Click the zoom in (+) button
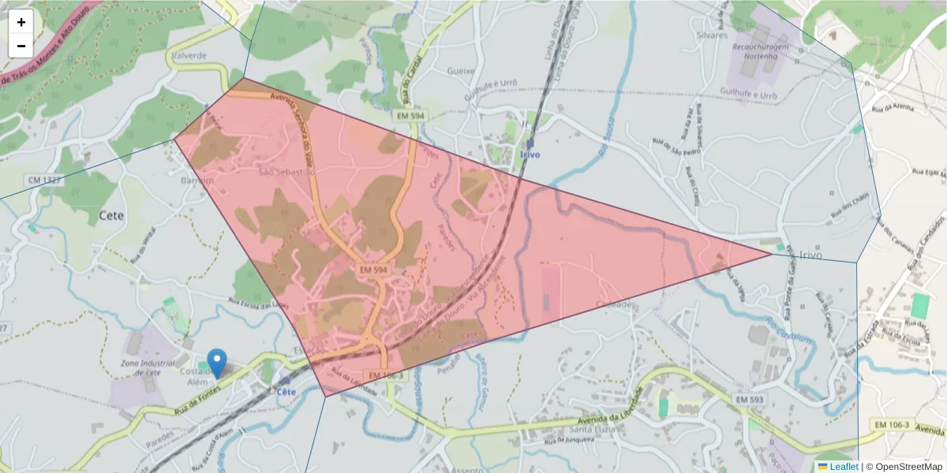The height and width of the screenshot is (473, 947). [21, 22]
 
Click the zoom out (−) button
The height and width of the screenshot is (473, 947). [21, 46]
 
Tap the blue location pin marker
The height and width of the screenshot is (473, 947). [216, 363]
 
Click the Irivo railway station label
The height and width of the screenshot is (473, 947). [530, 155]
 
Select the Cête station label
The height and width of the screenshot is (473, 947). [286, 391]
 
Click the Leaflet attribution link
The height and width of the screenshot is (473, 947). [843, 467]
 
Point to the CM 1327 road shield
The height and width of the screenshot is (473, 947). [45, 181]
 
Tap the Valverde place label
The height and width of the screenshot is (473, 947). [189, 56]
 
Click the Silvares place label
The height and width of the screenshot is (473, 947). [709, 35]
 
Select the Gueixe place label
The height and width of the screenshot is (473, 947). [461, 70]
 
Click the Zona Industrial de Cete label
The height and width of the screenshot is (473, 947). [147, 367]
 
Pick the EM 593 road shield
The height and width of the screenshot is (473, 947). [750, 400]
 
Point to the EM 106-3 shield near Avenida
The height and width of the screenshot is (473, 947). [892, 425]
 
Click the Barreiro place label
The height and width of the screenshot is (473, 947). [197, 180]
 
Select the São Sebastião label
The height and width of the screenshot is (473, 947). [287, 171]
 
